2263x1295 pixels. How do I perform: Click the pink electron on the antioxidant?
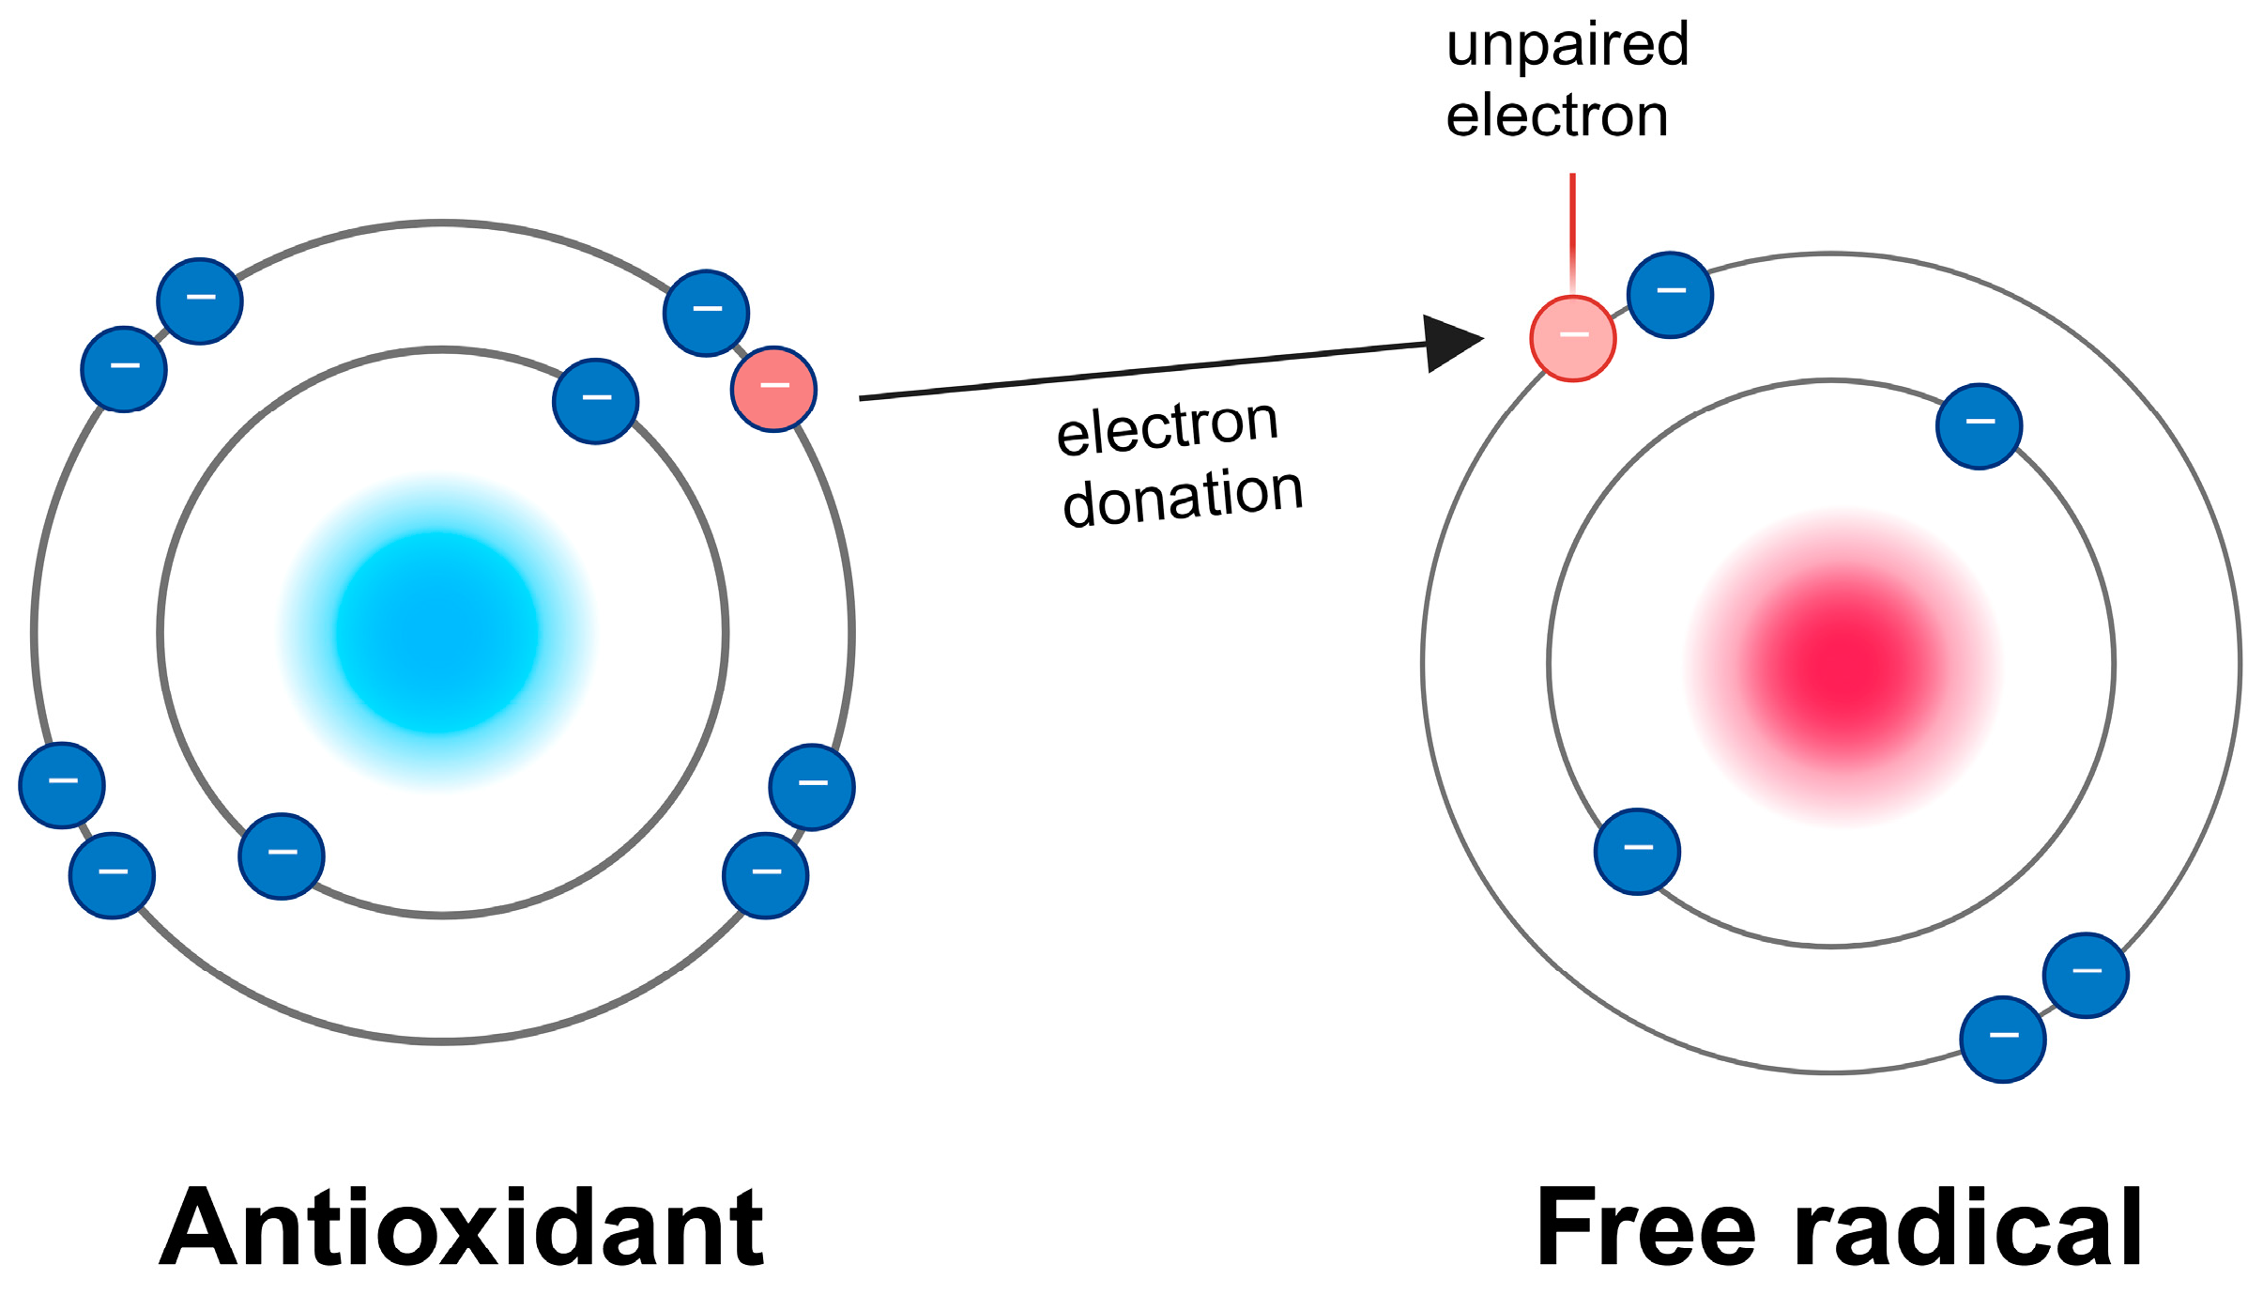[x=773, y=389]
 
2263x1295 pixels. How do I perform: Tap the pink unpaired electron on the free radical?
[x=1572, y=338]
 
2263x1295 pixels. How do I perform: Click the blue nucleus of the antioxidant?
[x=437, y=633]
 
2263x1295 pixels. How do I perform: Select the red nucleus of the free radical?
[x=1843, y=666]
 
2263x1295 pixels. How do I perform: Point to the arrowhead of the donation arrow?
[x=1450, y=343]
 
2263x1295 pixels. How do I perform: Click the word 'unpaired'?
[x=1567, y=45]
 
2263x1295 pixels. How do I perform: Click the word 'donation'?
[x=1183, y=497]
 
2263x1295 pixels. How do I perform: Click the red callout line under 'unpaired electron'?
[x=1572, y=230]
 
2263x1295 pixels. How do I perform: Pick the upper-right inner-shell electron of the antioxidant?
[x=595, y=401]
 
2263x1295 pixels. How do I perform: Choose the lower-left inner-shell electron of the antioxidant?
[x=282, y=856]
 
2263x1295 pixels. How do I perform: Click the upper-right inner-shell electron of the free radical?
[x=1979, y=425]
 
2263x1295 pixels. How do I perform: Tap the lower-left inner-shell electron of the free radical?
[x=1637, y=851]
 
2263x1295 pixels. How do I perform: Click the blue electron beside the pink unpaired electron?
[x=1670, y=295]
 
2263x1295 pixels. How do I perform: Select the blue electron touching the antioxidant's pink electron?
[x=706, y=313]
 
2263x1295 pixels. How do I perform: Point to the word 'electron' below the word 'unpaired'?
[x=1556, y=116]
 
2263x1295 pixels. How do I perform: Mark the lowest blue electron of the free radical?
[x=2003, y=1039]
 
